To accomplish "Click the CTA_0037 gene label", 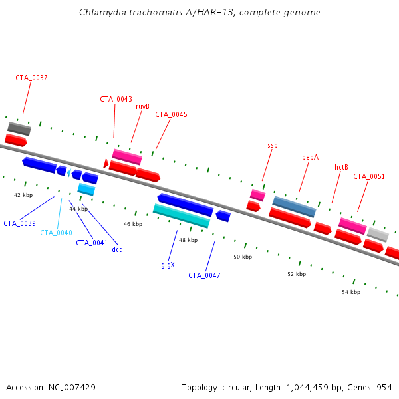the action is (x=31, y=78).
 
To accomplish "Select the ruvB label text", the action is (x=142, y=106).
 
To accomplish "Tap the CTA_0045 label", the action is (x=172, y=114).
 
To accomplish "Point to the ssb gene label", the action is (x=273, y=145).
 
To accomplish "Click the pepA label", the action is (x=310, y=158).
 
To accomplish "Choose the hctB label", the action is (x=341, y=167).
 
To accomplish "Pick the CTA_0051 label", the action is (x=369, y=176).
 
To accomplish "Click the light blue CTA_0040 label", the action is (x=57, y=233).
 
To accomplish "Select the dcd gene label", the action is (x=117, y=249).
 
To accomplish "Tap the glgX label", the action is (x=168, y=265).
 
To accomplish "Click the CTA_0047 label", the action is (x=204, y=275).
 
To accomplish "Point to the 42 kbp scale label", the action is (x=23, y=195).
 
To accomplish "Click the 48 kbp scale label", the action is (x=188, y=240).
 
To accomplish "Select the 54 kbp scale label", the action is (x=351, y=292).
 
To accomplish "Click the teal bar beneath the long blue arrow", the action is (x=182, y=216).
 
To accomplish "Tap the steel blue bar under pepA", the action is (x=294, y=207).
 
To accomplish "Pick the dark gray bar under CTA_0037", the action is (x=19, y=129).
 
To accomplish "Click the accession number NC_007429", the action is (x=72, y=388).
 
